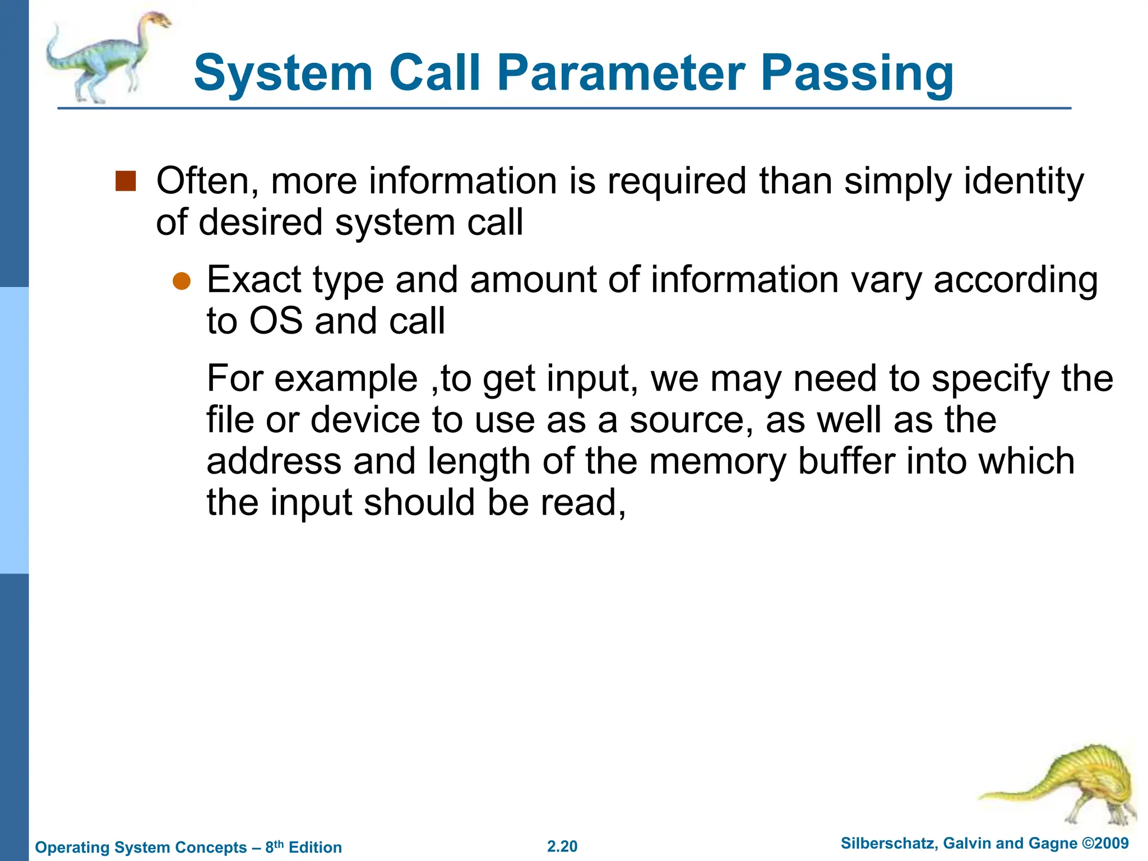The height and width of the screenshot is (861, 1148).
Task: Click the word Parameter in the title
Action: [621, 73]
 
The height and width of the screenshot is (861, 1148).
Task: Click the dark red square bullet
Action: [126, 181]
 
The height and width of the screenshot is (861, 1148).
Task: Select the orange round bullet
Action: [182, 281]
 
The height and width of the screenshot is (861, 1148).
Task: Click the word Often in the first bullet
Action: [206, 181]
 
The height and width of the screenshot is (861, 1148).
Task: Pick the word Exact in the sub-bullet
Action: [254, 279]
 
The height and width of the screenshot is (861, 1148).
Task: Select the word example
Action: [346, 379]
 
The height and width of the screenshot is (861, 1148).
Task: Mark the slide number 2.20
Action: [562, 846]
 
